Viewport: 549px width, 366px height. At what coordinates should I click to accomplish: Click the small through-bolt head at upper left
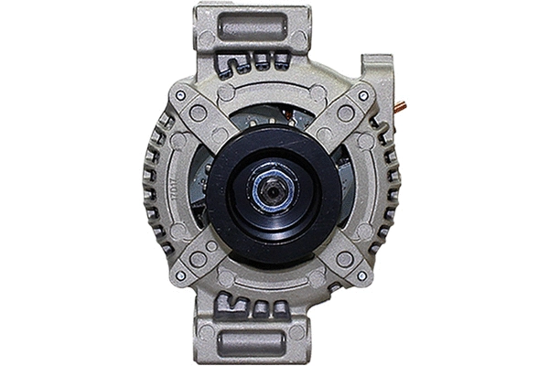pos(181,94)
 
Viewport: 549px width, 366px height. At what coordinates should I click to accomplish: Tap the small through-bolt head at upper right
pos(363,95)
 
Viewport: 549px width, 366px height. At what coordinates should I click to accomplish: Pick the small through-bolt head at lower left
pos(181,274)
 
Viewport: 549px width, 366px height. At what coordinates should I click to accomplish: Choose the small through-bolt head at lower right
pos(363,274)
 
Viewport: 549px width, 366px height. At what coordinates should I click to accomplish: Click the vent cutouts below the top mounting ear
pos(253,62)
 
